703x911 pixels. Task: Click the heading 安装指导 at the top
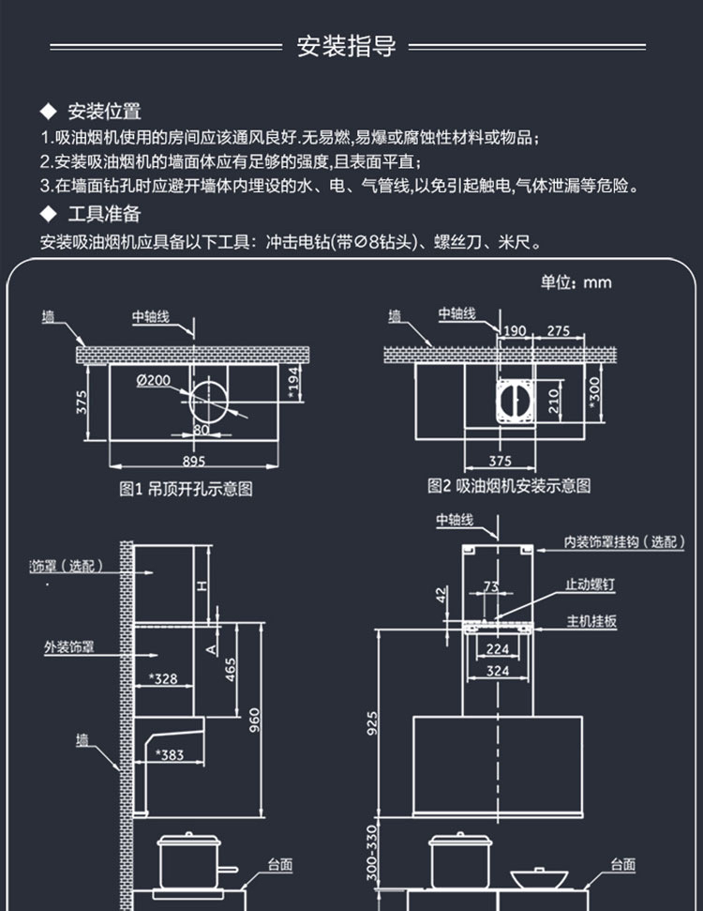click(347, 47)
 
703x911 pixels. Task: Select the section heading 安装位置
click(104, 113)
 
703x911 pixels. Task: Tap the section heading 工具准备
click(104, 213)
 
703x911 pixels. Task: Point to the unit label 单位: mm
click(576, 281)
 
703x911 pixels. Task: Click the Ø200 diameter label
click(153, 380)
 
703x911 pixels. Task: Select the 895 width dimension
click(193, 461)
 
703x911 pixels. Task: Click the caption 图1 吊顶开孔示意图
click(187, 488)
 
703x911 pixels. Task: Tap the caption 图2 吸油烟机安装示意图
click(509, 486)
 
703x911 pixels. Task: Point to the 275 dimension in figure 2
click(559, 330)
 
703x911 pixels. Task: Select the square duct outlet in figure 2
click(514, 400)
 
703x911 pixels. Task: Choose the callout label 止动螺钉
click(591, 585)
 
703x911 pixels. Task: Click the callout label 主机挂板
click(591, 621)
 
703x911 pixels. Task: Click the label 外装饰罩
click(69, 646)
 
